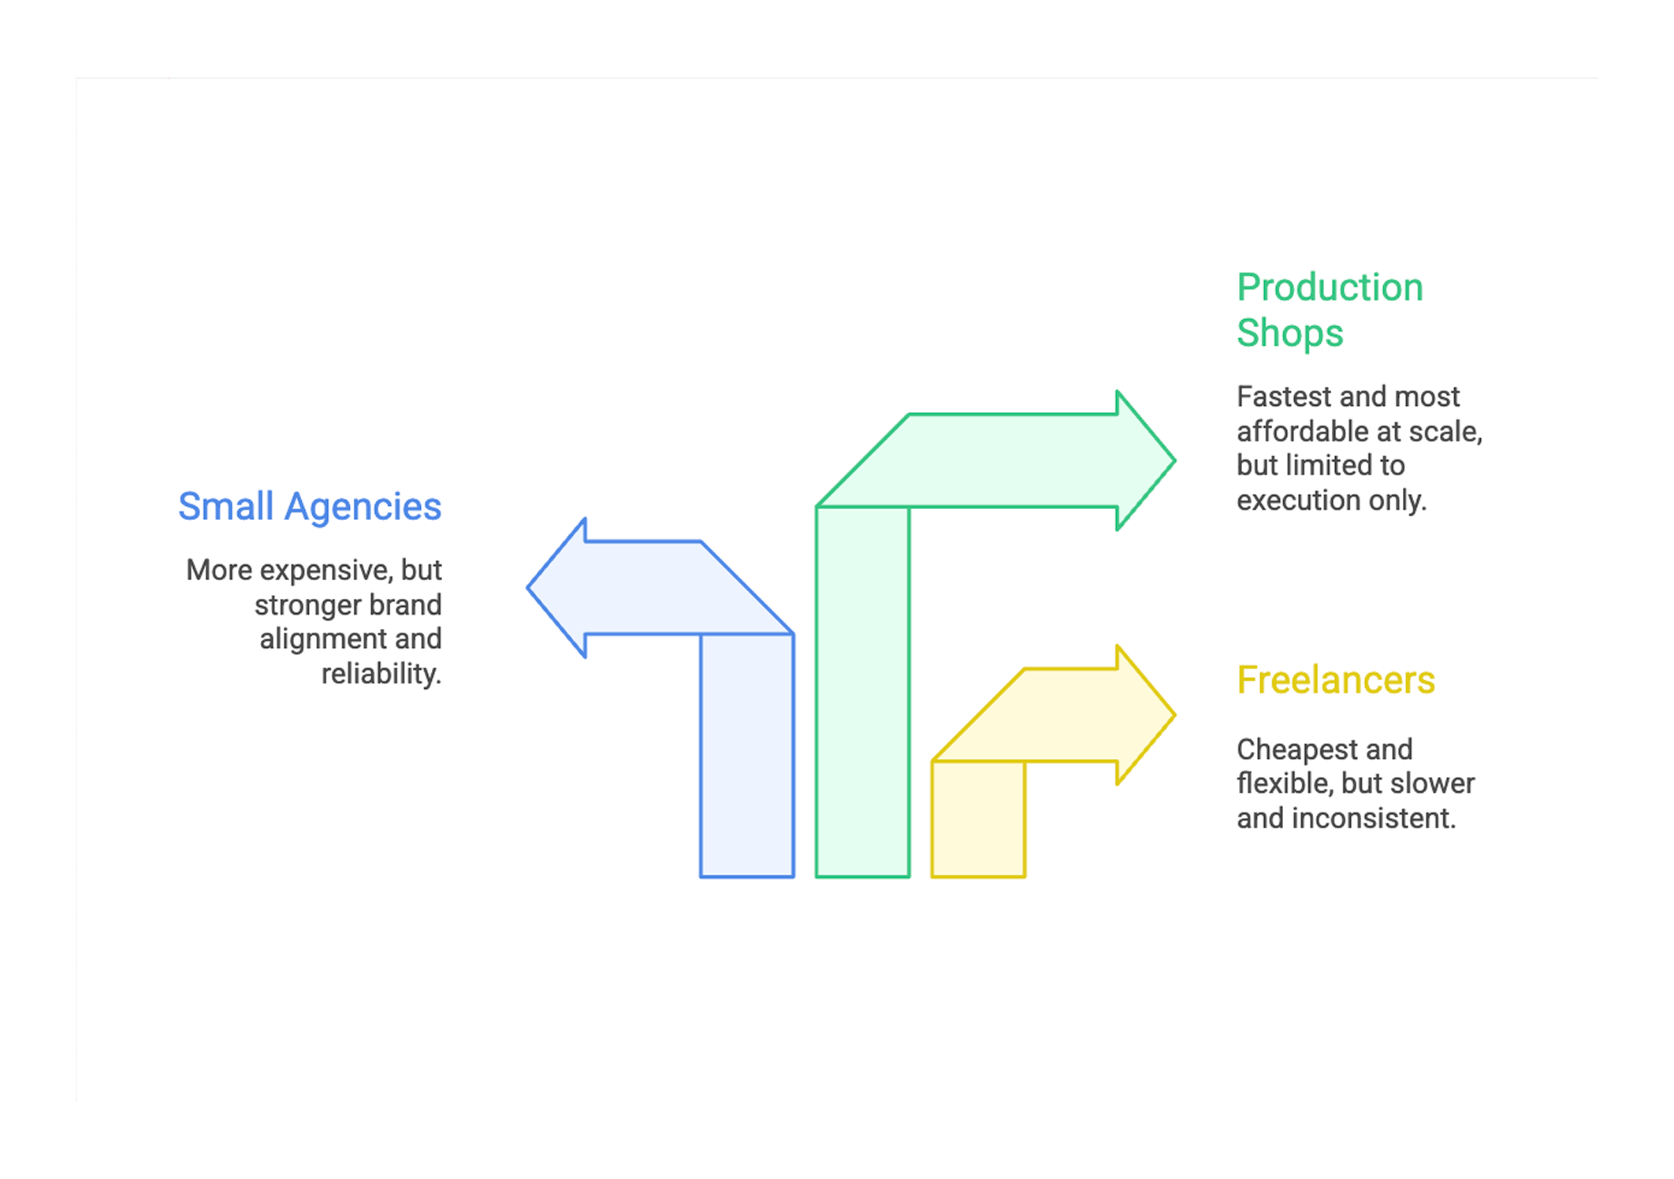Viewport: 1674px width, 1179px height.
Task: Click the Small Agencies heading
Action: tap(309, 507)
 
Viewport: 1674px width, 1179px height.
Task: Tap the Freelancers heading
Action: tap(1335, 680)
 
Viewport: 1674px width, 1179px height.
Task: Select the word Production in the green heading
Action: tap(1330, 288)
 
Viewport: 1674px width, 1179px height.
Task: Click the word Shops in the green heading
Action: tap(1289, 333)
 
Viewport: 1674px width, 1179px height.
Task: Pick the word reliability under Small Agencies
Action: tap(381, 674)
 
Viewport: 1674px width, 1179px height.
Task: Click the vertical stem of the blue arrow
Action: tap(746, 757)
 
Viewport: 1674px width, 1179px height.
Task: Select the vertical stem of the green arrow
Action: tap(862, 694)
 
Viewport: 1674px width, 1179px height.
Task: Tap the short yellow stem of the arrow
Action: tap(978, 820)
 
